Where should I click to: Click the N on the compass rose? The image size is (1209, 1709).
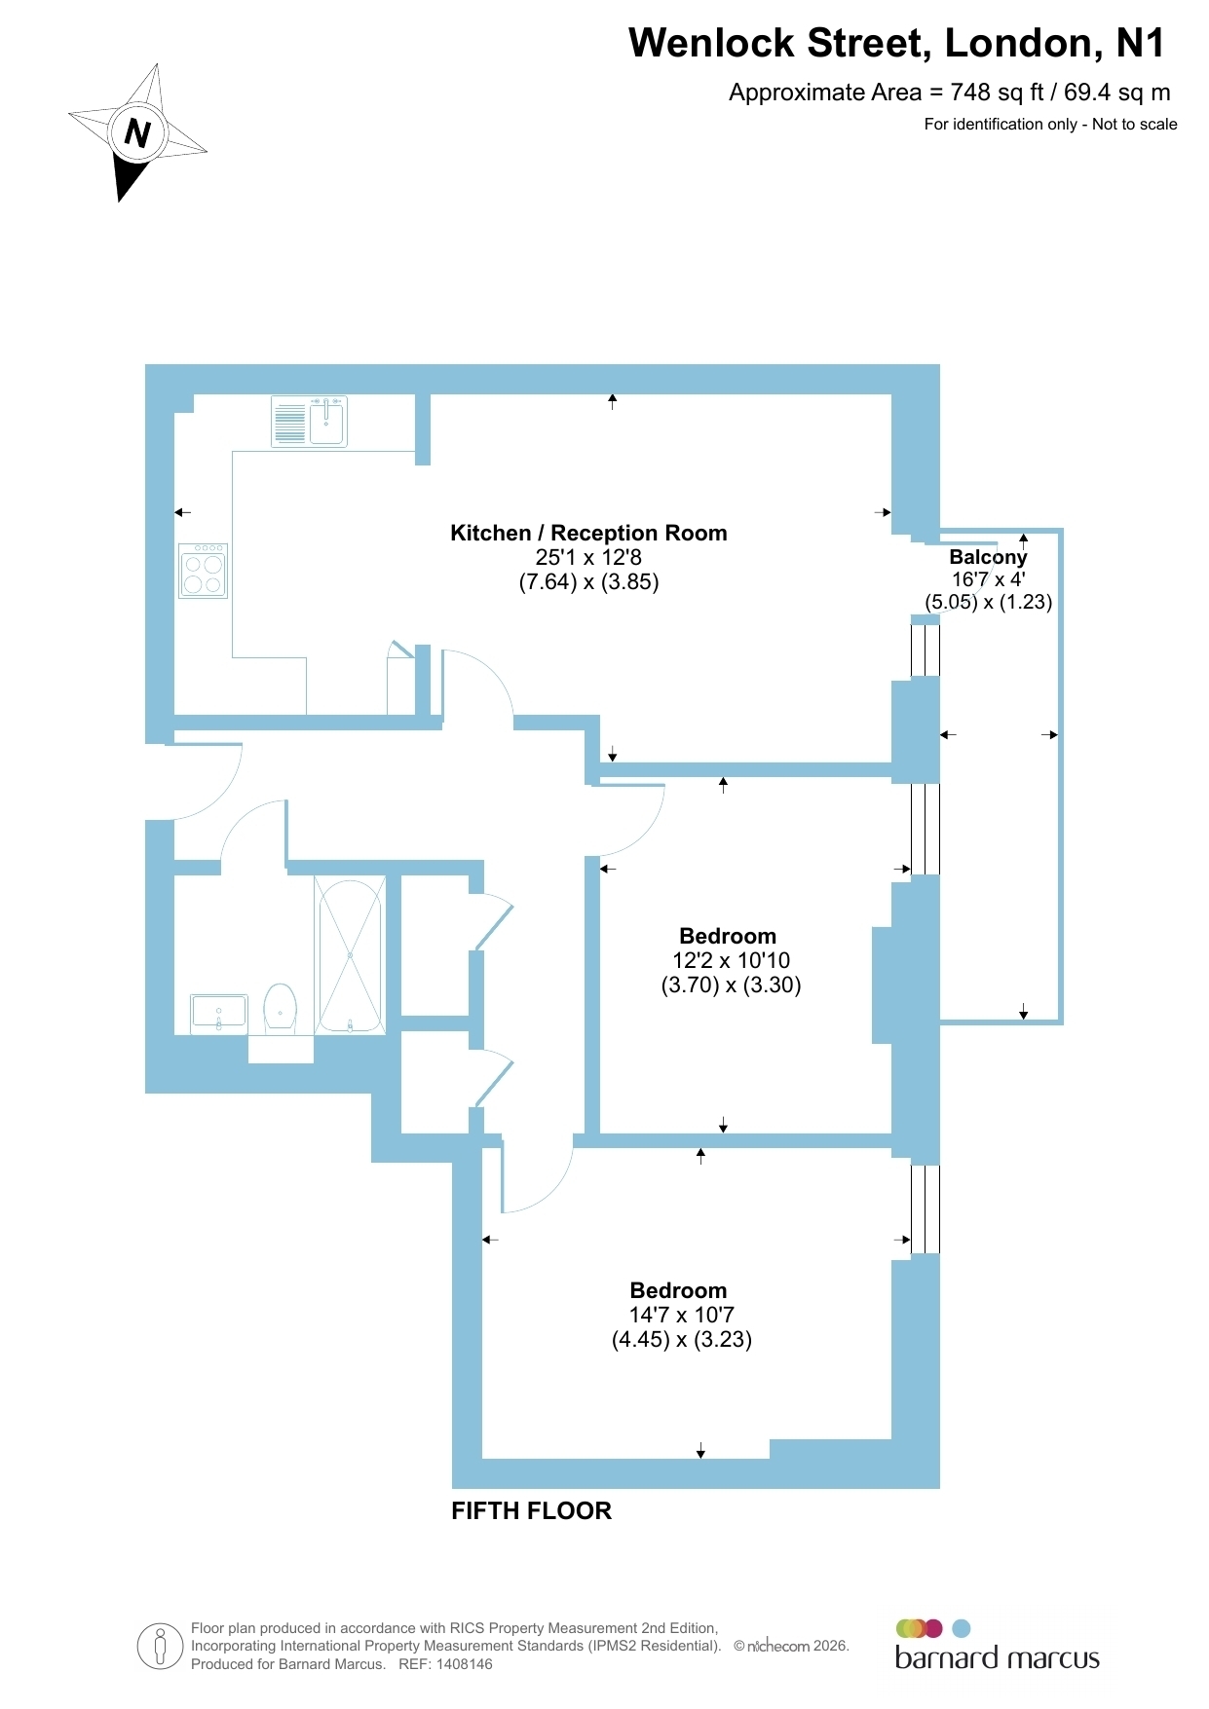[137, 133]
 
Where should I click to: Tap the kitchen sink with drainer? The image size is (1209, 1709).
[309, 422]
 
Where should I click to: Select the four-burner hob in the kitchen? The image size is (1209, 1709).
[204, 571]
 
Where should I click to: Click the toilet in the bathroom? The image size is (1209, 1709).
[280, 1008]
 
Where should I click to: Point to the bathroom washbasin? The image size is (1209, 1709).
[219, 1012]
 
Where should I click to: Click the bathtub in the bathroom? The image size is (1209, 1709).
[350, 955]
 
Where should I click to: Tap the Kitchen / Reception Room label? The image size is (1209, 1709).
[588, 533]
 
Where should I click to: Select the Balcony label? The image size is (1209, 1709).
[988, 557]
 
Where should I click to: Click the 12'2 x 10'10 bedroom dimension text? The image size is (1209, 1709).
[731, 960]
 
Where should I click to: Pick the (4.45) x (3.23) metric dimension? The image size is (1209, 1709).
[682, 1339]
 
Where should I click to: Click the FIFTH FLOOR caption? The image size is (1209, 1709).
[532, 1510]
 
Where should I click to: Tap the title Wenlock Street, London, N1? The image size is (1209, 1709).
[896, 43]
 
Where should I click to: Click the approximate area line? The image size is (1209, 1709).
[950, 93]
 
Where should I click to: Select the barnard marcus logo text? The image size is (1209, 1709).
[997, 1658]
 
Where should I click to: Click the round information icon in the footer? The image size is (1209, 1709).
[161, 1647]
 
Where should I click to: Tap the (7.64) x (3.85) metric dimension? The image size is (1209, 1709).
[588, 582]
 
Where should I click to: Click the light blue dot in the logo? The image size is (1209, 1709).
[961, 1628]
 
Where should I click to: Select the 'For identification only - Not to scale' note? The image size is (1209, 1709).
[1050, 124]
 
